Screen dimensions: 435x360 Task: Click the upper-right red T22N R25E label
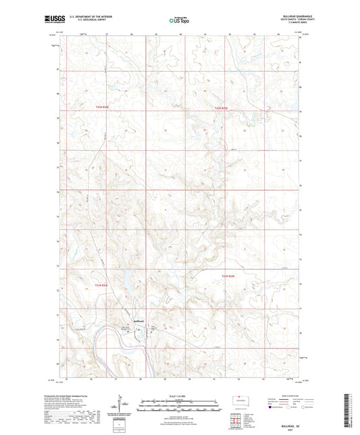[x=224, y=107]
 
